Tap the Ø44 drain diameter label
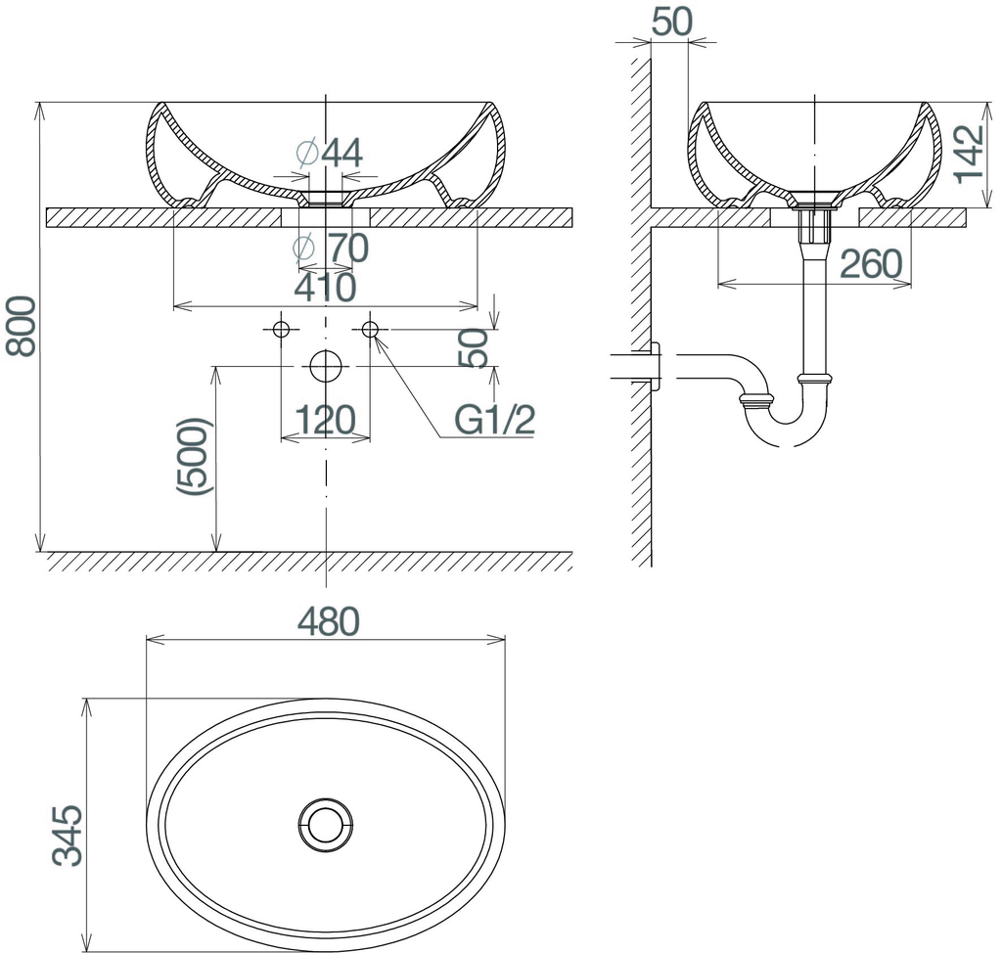click(x=330, y=153)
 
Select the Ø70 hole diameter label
click(x=330, y=248)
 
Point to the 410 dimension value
click(x=325, y=288)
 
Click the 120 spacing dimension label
click(x=325, y=420)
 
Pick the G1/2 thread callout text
click(x=494, y=420)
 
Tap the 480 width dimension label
click(x=329, y=621)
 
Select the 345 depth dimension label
click(x=68, y=835)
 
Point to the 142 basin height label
click(x=969, y=154)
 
